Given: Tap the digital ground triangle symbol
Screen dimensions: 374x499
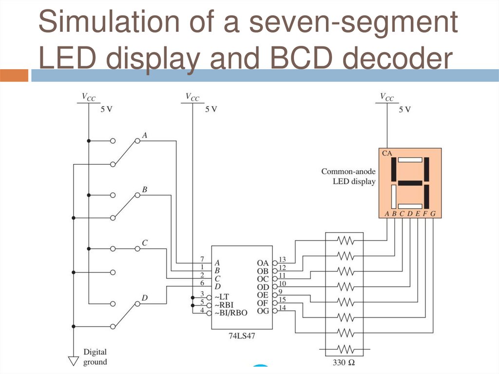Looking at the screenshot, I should [73, 361].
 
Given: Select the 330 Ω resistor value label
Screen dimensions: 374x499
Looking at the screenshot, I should [345, 363].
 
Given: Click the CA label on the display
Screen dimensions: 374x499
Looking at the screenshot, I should [387, 153].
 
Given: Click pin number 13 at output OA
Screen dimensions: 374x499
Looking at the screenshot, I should [282, 259].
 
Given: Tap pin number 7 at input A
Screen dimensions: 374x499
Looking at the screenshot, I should [201, 258].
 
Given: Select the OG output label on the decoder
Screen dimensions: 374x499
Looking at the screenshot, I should [263, 311].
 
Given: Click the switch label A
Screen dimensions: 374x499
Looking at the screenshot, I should [145, 135].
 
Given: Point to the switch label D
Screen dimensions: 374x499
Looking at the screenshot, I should [145, 297].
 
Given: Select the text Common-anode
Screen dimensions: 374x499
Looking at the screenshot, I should [348, 172].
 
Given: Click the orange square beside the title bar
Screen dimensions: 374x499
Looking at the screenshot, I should [14, 76].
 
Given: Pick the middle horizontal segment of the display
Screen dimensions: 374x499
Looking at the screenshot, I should [409, 183].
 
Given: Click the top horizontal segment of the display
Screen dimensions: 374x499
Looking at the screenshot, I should [410, 159].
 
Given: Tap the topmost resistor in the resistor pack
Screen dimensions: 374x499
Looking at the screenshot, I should [345, 240].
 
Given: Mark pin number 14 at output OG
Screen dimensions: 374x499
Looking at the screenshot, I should [282, 307].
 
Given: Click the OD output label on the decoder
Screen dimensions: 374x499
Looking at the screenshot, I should [263, 287].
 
